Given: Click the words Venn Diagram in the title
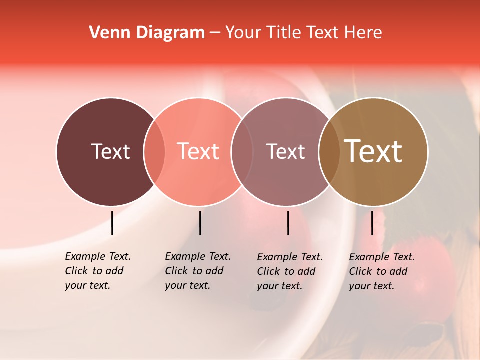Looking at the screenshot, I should [x=147, y=33].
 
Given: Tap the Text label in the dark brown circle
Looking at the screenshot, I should [x=110, y=151].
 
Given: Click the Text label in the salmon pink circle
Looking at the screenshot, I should [x=198, y=151].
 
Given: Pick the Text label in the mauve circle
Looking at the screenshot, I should [x=285, y=151].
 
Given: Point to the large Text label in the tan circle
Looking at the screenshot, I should [x=373, y=151].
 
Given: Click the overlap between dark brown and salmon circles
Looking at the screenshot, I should [x=154, y=151].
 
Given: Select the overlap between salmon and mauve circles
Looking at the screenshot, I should [x=242, y=151].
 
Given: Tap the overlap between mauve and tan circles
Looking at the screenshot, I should [x=329, y=151].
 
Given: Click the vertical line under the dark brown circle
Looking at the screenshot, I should [x=112, y=223].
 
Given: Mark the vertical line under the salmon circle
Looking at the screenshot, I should [x=200, y=223].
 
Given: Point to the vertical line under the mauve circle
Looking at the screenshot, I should [x=288, y=223].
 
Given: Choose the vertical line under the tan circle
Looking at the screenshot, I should [x=372, y=223].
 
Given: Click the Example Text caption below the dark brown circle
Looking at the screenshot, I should [x=98, y=271].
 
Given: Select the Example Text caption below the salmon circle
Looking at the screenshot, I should [x=198, y=271].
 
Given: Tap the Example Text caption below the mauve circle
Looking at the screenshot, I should [x=290, y=271].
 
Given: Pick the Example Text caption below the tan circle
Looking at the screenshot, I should [x=382, y=271].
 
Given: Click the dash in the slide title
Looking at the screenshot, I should [x=215, y=33].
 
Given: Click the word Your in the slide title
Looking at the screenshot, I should [x=243, y=33].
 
